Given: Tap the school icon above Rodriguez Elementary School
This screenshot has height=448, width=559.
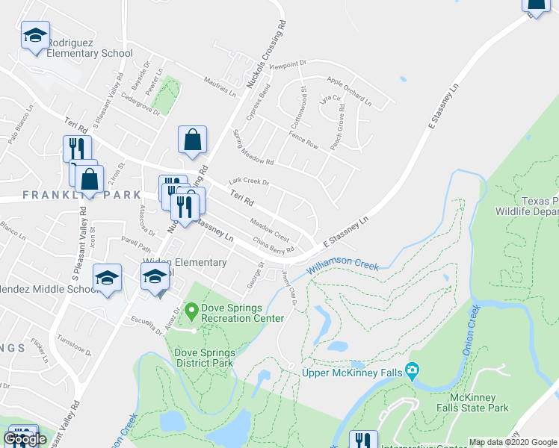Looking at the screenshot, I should pos(35,36).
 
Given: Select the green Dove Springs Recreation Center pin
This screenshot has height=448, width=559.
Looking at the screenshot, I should pos(191,308).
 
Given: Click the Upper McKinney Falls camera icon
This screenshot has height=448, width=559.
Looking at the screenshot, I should pos(411,371).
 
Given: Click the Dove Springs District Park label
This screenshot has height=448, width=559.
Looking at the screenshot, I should pos(204,358).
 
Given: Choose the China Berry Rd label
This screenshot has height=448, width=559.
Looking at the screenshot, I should pos(274,245).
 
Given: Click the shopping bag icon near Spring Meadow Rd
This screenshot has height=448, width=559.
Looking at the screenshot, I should pos(192,139).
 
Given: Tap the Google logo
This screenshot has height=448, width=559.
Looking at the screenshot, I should pos(25,439).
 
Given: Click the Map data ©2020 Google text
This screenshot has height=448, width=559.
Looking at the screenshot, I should pos(513,442).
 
